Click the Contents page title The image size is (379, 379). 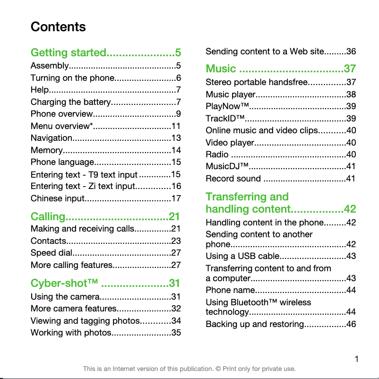tap(58, 27)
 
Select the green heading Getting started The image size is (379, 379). tap(68, 52)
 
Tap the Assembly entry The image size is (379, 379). tap(50, 66)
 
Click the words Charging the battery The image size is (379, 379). tap(70, 102)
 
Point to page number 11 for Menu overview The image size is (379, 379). tap(176, 126)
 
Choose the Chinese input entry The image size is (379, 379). tap(57, 198)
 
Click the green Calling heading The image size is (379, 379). tap(48, 216)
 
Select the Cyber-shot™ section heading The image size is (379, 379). tap(64, 283)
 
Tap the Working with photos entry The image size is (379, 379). tap(70, 333)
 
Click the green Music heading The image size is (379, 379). tap(221, 69)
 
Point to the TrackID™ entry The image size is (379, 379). tap(225, 119)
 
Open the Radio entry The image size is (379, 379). tap(217, 155)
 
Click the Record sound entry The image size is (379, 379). tap(233, 179)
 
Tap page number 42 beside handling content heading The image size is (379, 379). tap(350, 209)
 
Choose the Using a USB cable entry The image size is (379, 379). tap(242, 256)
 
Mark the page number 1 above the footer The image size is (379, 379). tap(357, 359)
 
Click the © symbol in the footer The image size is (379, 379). tap(218, 369)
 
